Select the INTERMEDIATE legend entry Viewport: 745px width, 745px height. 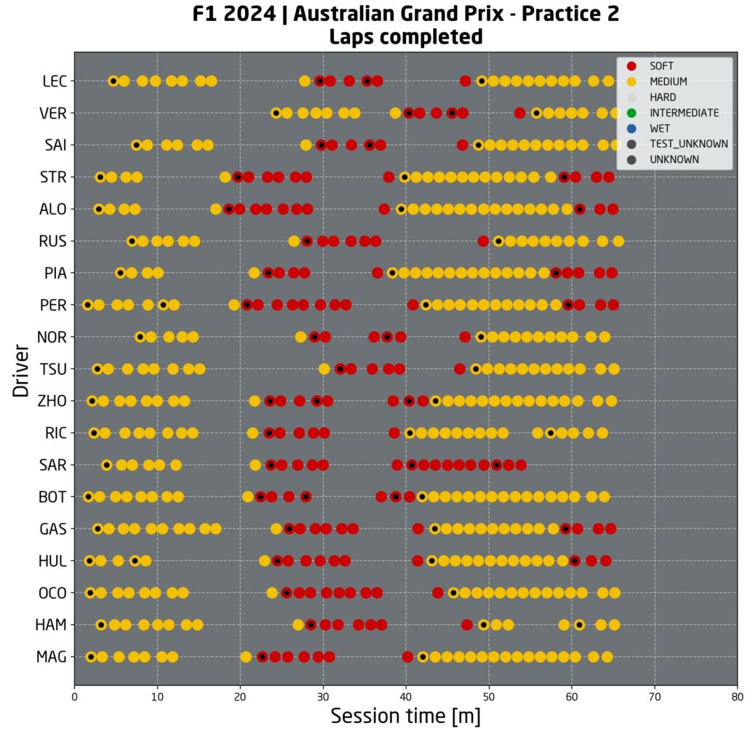click(684, 113)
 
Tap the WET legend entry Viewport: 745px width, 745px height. click(660, 128)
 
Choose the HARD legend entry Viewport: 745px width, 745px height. click(663, 97)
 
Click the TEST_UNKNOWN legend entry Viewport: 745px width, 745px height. click(688, 144)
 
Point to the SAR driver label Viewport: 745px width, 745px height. click(53, 465)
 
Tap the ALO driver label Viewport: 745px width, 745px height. click(53, 209)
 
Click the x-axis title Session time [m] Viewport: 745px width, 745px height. click(405, 716)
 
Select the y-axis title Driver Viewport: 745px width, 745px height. click(20, 370)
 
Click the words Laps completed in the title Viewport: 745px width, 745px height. click(405, 36)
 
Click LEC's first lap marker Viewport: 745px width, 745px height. click(113, 81)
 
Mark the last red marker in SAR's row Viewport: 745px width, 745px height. click(521, 465)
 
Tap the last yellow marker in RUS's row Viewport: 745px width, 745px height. click(618, 241)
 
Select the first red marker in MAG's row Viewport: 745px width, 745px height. click(263, 657)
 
